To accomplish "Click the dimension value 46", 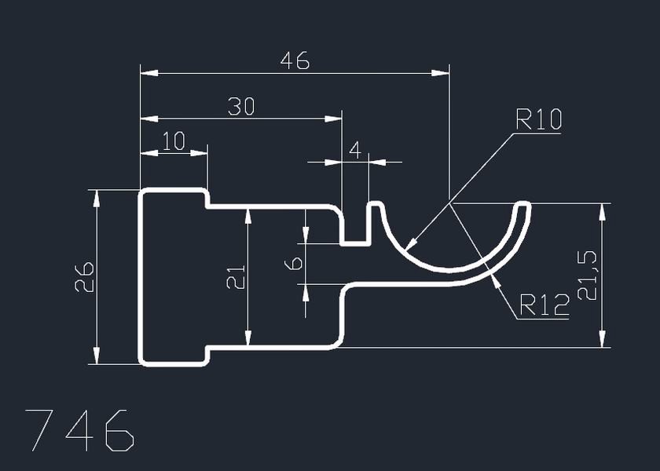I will (295, 60).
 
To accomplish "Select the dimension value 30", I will (241, 107).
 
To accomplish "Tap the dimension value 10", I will (174, 141).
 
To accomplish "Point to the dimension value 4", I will (355, 150).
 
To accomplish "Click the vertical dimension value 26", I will (84, 277).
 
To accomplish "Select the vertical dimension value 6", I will (294, 264).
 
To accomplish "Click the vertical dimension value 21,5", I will (588, 275).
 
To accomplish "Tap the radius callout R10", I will (538, 119).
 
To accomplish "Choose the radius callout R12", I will (544, 305).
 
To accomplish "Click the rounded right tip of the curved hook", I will (523, 206).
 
